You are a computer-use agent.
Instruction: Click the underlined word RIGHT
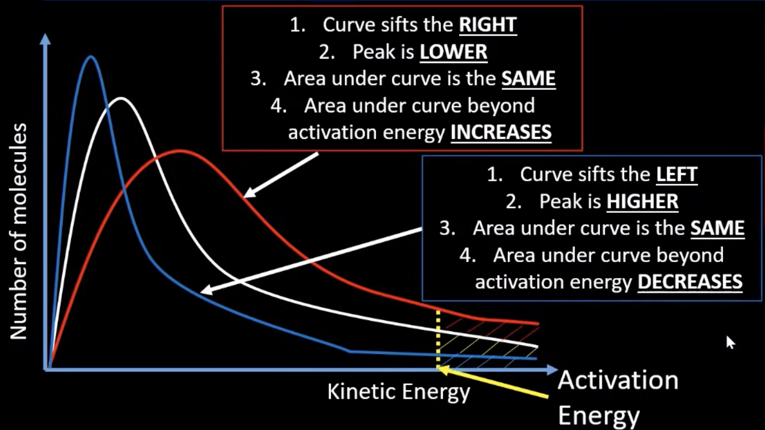pyautogui.click(x=487, y=25)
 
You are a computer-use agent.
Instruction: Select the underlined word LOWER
pyautogui.click(x=453, y=52)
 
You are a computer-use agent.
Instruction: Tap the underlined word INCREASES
pyautogui.click(x=501, y=132)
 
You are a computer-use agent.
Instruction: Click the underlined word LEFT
pyautogui.click(x=676, y=174)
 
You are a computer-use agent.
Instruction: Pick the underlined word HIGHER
pyautogui.click(x=642, y=202)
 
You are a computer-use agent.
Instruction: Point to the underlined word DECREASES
pyautogui.click(x=689, y=282)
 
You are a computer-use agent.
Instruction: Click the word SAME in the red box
pyautogui.click(x=528, y=78)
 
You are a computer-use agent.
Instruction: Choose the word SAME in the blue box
pyautogui.click(x=717, y=228)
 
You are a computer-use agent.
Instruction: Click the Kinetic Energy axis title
pyautogui.click(x=398, y=392)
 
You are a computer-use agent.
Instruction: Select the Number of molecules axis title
pyautogui.click(x=19, y=231)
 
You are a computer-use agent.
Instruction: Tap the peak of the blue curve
pyautogui.click(x=90, y=57)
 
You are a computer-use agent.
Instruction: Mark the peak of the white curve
pyautogui.click(x=121, y=99)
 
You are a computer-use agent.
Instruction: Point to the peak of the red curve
pyautogui.click(x=180, y=151)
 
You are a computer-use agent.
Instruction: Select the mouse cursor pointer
pyautogui.click(x=730, y=342)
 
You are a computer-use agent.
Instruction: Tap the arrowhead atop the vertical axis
pyautogui.click(x=45, y=39)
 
